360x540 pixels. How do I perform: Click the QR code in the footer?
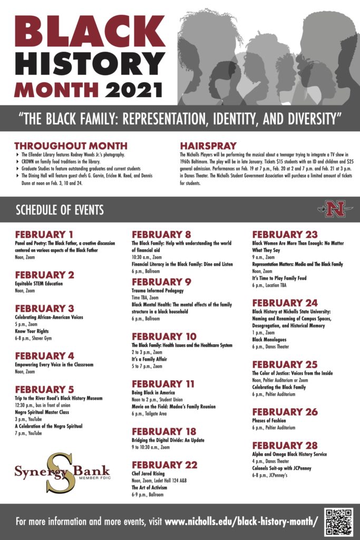(x=338, y=521)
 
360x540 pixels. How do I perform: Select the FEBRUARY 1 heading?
(x=44, y=235)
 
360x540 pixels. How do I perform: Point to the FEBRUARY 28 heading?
(x=285, y=446)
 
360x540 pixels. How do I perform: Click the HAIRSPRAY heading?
(x=208, y=145)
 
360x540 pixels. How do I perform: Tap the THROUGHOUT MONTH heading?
(x=71, y=146)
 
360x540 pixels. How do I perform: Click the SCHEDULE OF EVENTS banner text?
(x=60, y=210)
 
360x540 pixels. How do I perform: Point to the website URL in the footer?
(x=241, y=522)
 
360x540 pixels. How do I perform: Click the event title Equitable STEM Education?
(x=38, y=283)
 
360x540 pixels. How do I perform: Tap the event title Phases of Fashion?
(x=269, y=420)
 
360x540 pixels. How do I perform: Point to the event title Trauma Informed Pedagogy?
(x=158, y=290)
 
